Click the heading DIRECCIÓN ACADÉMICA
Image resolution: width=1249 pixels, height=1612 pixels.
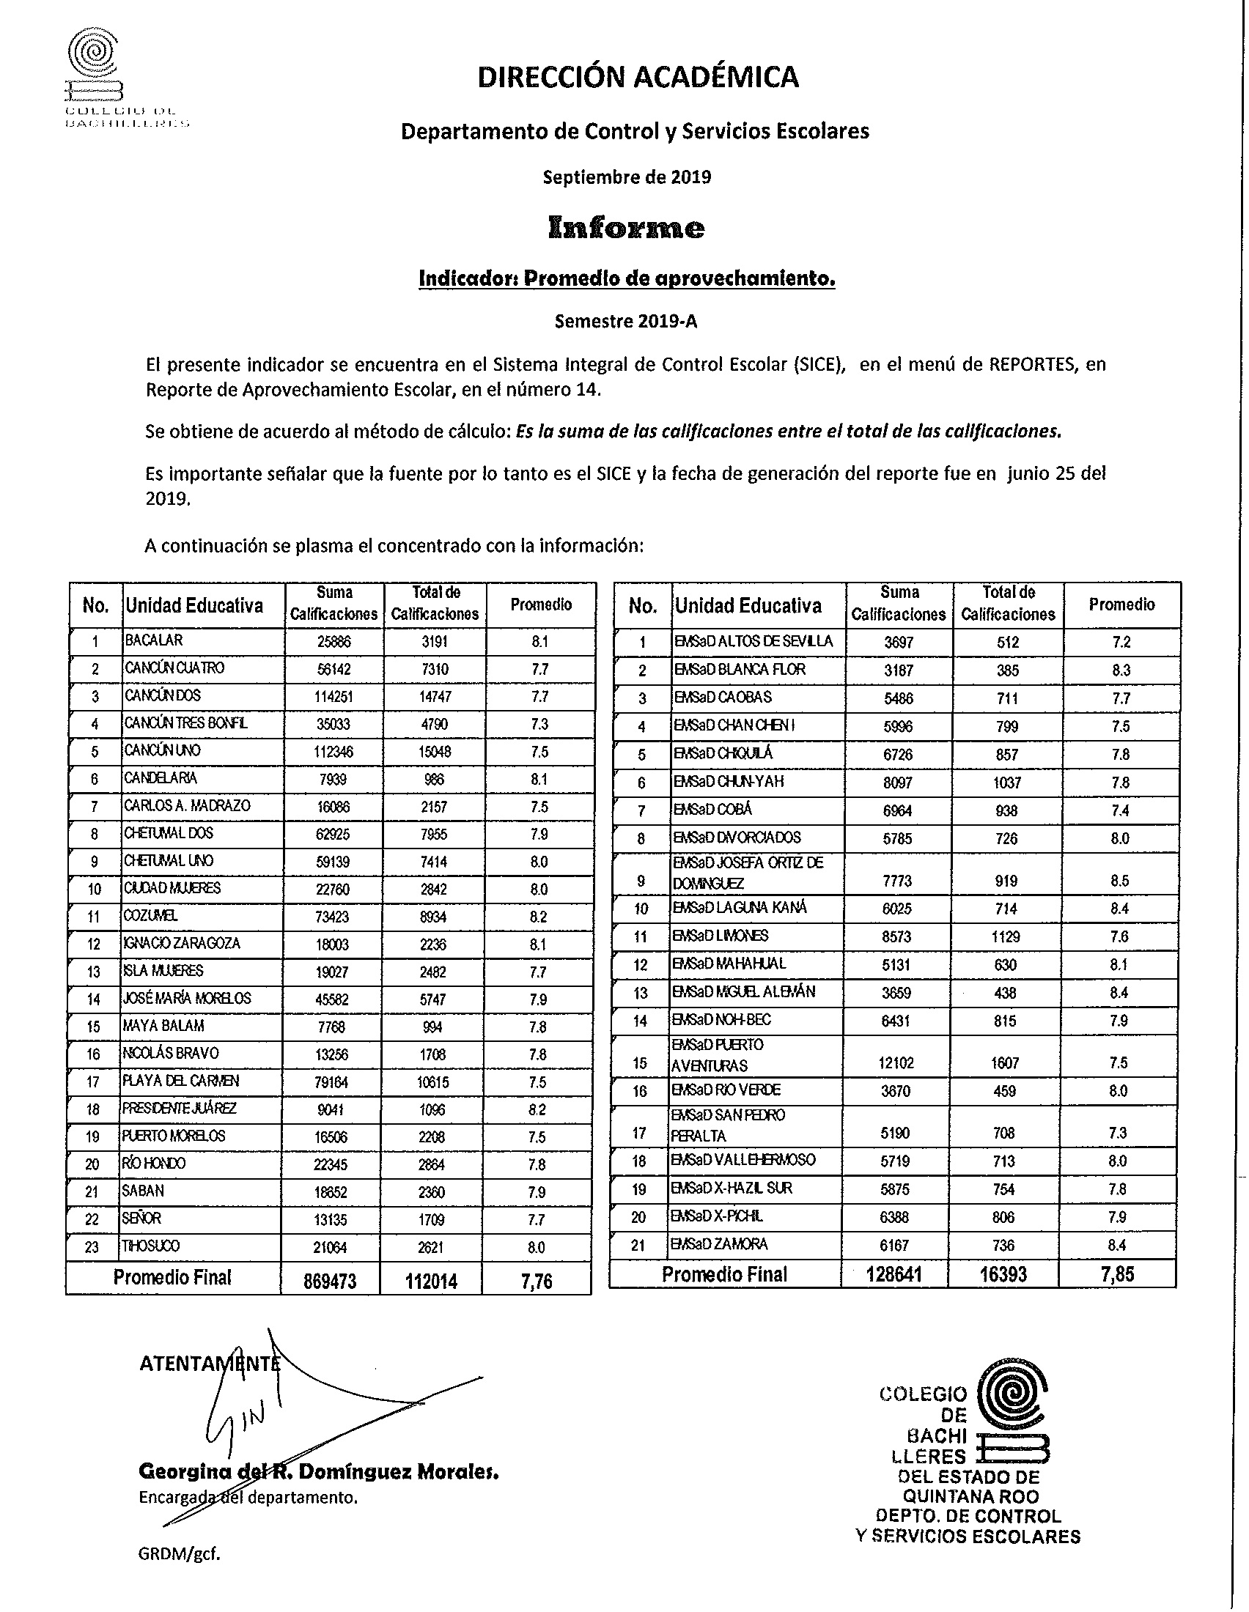click(x=638, y=77)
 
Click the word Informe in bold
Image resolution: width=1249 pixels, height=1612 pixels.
click(x=626, y=228)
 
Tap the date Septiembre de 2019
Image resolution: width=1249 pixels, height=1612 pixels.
click(x=627, y=177)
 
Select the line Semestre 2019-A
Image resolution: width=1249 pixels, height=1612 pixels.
click(x=626, y=322)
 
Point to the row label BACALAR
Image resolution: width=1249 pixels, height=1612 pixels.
click(x=153, y=640)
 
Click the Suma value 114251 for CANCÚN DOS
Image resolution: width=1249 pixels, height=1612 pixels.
click(x=334, y=697)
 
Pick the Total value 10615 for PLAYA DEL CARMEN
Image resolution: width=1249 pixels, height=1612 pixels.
click(x=434, y=1083)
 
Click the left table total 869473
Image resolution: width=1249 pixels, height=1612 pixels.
click(x=330, y=1282)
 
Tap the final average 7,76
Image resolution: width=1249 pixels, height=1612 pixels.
click(x=537, y=1282)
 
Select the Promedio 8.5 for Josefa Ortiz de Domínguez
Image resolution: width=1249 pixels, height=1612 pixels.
click(x=1121, y=881)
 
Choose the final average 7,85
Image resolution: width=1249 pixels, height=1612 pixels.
click(x=1117, y=1275)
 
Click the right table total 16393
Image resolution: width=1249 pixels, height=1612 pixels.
click(x=1005, y=1275)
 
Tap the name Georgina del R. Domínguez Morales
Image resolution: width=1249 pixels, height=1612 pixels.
click(x=319, y=1472)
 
